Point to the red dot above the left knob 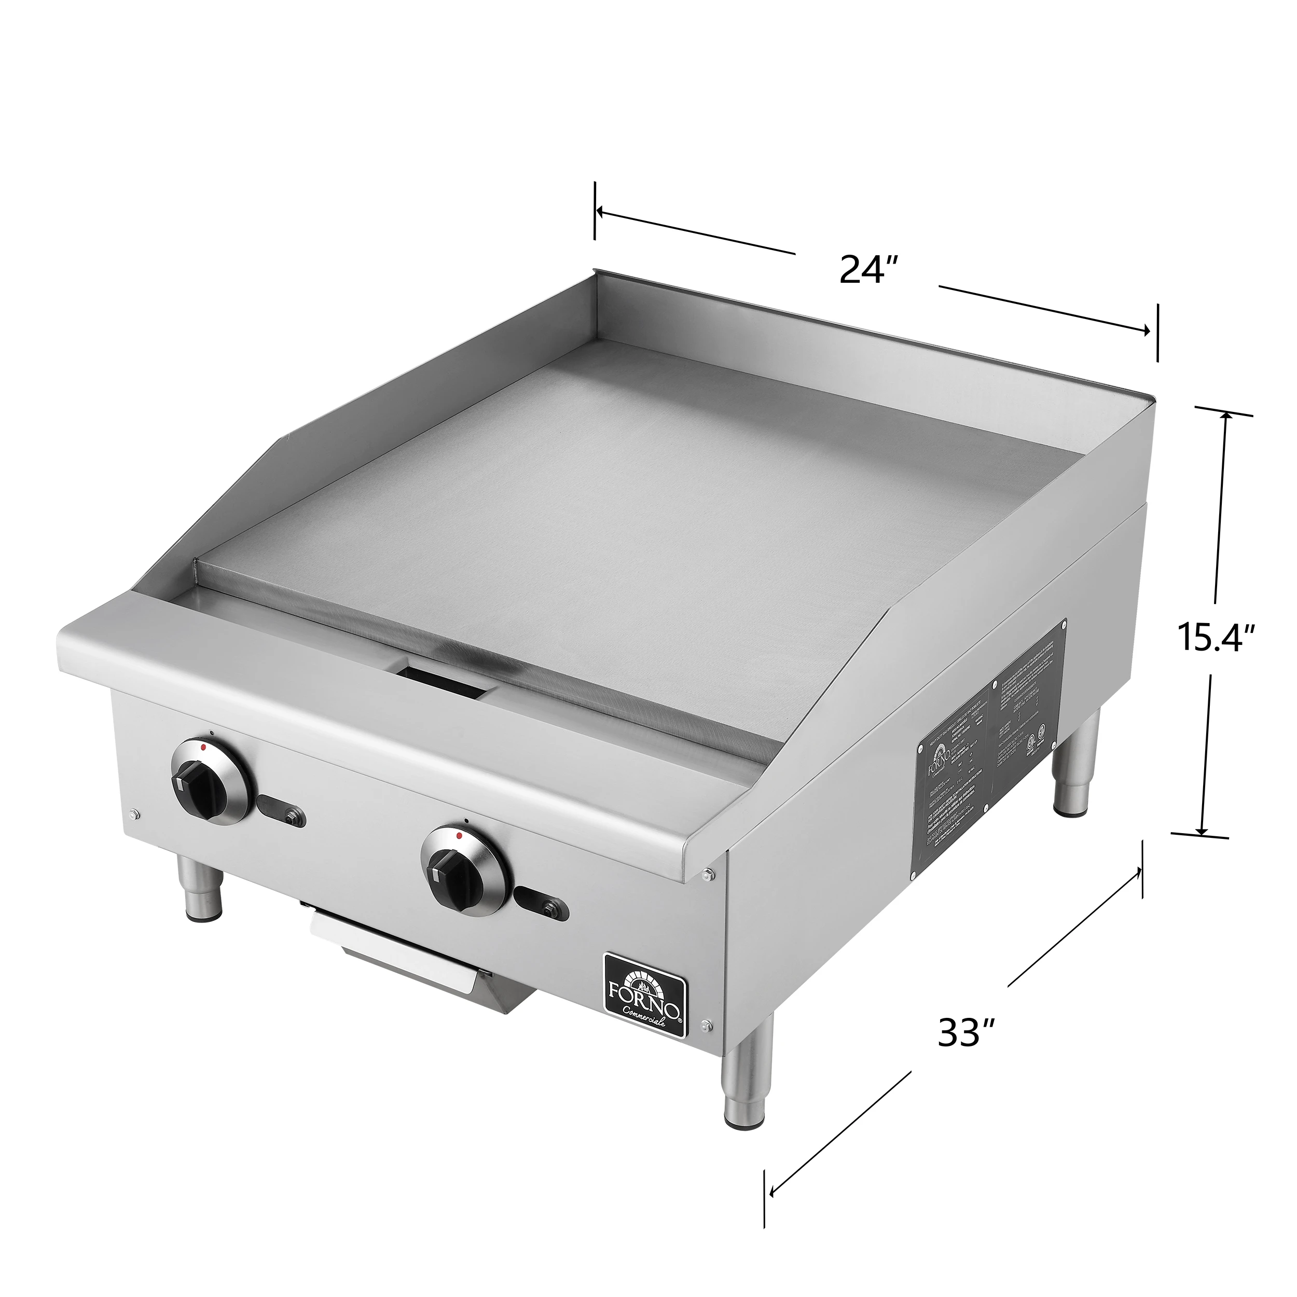coord(203,747)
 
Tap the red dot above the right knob coord(459,836)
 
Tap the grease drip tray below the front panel coord(403,967)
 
